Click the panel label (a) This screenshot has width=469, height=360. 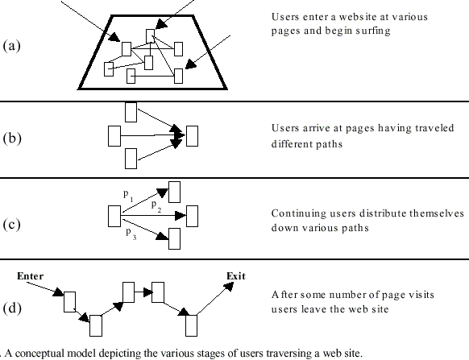[x=11, y=46]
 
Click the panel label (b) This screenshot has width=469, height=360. [x=12, y=139]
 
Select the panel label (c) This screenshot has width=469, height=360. [x=11, y=224]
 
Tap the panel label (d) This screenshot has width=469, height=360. [x=12, y=308]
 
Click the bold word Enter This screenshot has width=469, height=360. [x=30, y=276]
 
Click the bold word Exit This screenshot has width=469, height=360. [x=236, y=276]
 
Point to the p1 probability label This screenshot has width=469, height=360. [x=128, y=196]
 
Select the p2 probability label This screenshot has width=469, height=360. [x=156, y=206]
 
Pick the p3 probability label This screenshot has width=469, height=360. [x=131, y=234]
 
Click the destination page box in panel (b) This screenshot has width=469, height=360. [x=192, y=136]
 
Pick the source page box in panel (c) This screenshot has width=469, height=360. [x=114, y=216]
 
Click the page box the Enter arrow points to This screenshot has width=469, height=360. [x=69, y=302]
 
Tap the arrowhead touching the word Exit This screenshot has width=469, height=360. [x=229, y=287]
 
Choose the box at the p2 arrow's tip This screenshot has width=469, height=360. [x=192, y=216]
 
